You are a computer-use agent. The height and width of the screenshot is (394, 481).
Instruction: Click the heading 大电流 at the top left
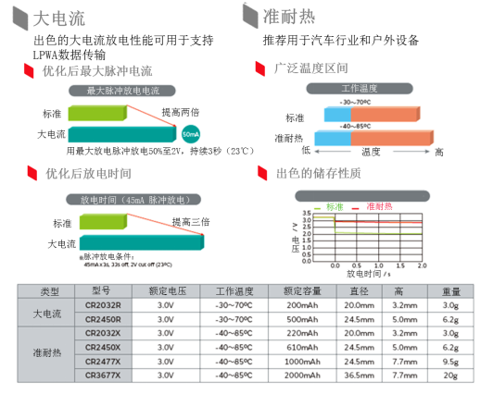click(x=53, y=18)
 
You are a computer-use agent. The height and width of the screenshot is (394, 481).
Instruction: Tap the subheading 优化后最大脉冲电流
click(x=96, y=70)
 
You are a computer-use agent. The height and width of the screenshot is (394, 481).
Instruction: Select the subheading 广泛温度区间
click(x=311, y=68)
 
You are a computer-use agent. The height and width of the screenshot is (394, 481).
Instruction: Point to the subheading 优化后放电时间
click(x=87, y=173)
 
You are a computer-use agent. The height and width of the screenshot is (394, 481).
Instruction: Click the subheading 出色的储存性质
click(x=318, y=173)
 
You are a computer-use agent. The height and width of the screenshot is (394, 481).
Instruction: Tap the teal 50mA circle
click(x=190, y=134)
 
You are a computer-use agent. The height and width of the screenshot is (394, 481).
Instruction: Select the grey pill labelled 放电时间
click(x=133, y=199)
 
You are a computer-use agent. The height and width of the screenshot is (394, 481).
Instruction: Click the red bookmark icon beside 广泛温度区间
click(x=260, y=69)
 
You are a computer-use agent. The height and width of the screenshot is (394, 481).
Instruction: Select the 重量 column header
click(x=450, y=290)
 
